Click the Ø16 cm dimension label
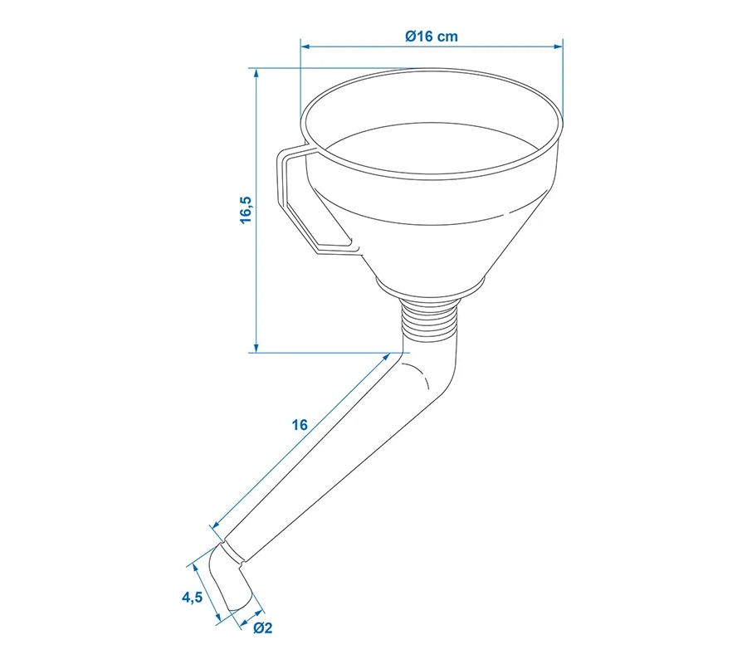[x=432, y=37]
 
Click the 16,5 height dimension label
[x=246, y=210]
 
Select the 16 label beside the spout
[x=300, y=424]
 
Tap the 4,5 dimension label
[x=192, y=597]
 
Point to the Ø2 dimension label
[x=262, y=627]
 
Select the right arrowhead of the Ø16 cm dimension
[x=558, y=46]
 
